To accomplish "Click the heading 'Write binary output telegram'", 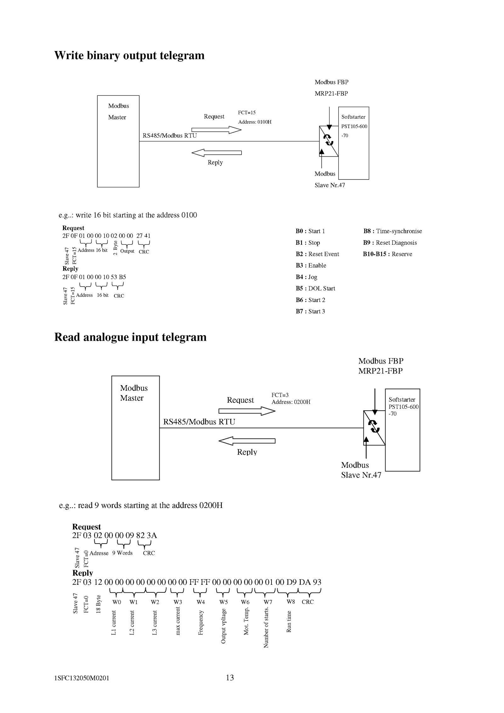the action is point(129,55).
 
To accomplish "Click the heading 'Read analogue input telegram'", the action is point(130,337).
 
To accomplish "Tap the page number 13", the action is point(230,677).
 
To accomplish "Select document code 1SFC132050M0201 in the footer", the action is point(82,678).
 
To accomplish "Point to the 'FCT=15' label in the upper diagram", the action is point(247,112).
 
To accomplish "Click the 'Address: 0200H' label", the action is point(291,402).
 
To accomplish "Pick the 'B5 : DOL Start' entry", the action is point(315,288).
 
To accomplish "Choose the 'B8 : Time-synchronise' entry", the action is point(392,231).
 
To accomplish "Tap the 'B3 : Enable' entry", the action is point(311,265).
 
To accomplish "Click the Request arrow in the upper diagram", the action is point(216,130).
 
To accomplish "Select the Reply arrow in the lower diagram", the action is point(247,441).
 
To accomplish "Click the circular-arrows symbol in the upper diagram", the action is point(329,140).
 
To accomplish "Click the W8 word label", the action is point(291,602).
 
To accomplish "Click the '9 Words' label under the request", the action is point(123,553).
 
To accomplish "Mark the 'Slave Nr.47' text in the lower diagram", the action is point(361,475).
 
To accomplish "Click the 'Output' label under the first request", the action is point(127,251).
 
